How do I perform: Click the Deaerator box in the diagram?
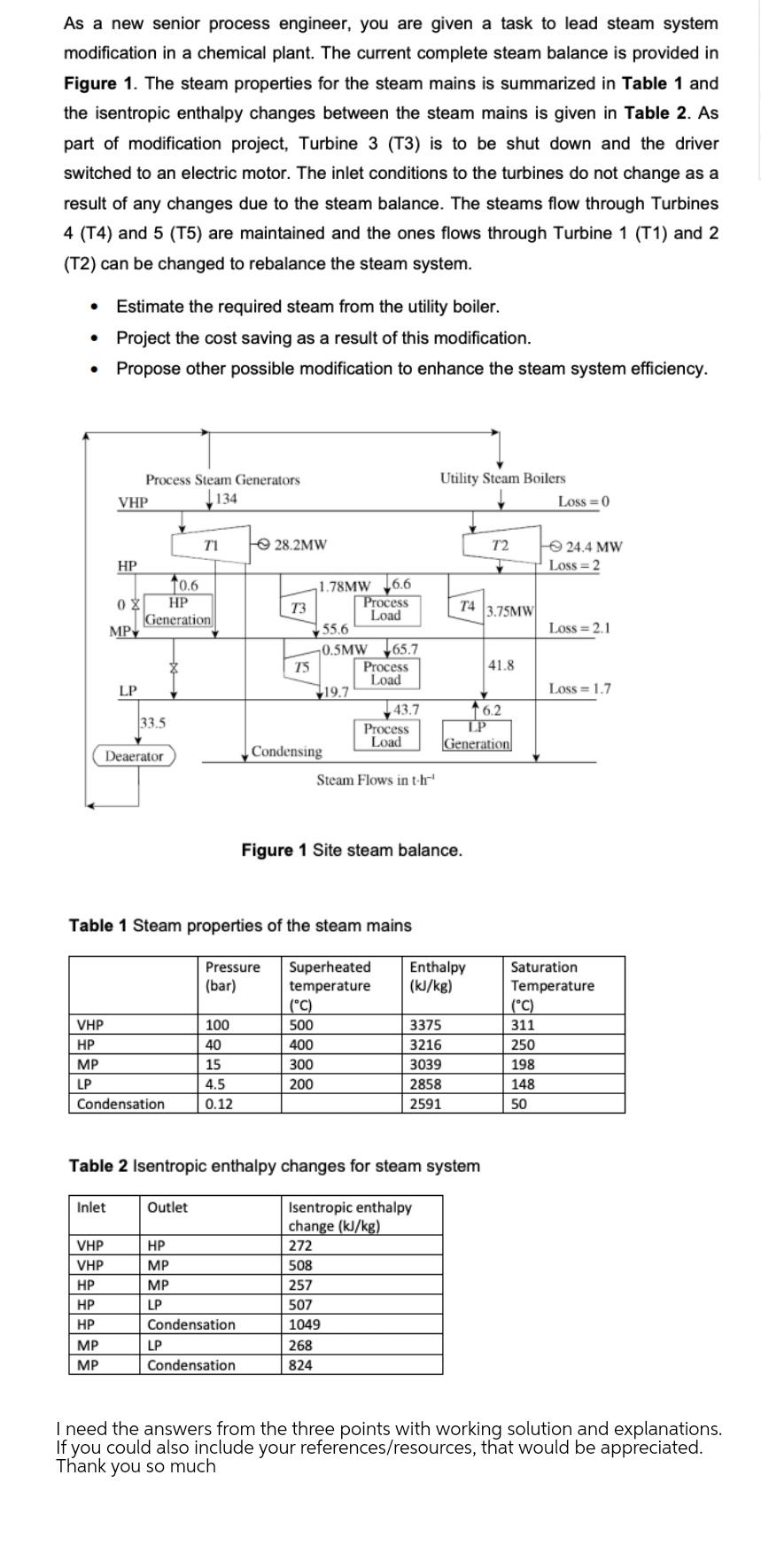tap(135, 756)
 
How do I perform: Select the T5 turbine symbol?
tap(301, 666)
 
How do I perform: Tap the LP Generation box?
tap(477, 737)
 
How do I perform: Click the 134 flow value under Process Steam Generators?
tap(226, 499)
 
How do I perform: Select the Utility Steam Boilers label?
tap(502, 477)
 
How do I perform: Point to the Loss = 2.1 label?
tap(579, 628)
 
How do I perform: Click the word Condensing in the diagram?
tap(286, 751)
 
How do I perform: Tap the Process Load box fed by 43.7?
tap(385, 735)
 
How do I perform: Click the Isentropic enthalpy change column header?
tap(350, 1216)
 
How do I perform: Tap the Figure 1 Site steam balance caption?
tap(352, 850)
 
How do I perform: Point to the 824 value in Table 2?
tap(300, 1365)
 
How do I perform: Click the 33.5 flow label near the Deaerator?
tap(152, 723)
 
